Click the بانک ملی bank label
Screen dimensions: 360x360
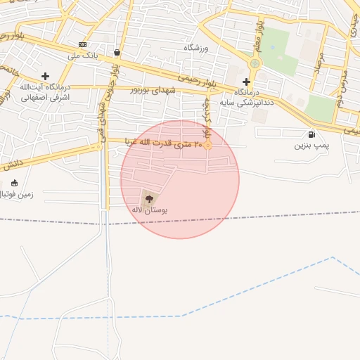[82, 55]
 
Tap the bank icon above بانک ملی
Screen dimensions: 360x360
[83, 44]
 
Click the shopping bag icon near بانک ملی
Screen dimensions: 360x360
[116, 52]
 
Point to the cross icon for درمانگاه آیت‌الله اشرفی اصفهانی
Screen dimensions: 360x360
[46, 76]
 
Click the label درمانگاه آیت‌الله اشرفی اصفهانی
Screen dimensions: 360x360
[33, 93]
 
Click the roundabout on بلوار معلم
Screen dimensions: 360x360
[255, 64]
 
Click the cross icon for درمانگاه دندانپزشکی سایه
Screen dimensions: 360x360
[246, 82]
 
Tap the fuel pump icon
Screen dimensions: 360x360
[311, 134]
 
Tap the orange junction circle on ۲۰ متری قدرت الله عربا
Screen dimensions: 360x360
[208, 146]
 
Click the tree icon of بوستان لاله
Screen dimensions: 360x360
[148, 198]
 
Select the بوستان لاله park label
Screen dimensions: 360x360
[147, 210]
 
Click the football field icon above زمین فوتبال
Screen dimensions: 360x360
[15, 182]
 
